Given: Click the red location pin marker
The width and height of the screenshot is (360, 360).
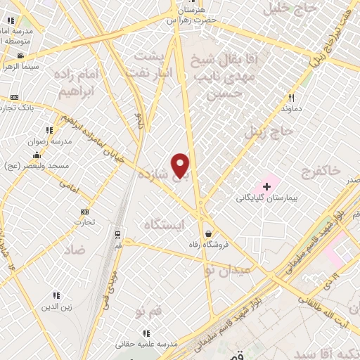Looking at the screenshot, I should (181, 165).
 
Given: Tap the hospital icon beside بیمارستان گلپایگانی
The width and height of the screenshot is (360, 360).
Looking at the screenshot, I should (266, 186).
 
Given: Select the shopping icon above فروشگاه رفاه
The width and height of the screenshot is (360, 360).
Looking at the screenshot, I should (208, 233).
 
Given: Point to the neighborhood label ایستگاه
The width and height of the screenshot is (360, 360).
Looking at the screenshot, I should (163, 225).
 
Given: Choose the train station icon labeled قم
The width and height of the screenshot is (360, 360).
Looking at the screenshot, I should (117, 234).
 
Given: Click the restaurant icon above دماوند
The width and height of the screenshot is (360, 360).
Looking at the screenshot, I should (291, 98).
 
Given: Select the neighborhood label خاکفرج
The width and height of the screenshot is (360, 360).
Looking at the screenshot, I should (319, 170).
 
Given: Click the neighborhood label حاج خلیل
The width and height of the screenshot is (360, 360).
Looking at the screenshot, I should (285, 9).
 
